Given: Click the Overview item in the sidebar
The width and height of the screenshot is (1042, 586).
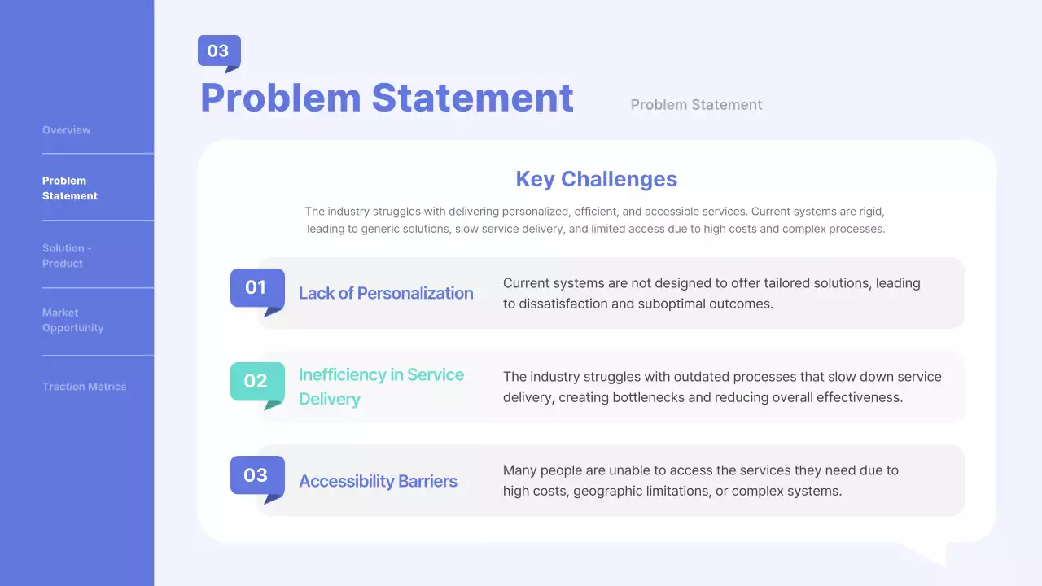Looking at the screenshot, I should [67, 130].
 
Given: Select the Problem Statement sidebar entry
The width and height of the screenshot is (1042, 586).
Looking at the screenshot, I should [70, 188].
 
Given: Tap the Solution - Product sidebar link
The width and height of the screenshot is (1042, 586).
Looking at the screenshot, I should [67, 256].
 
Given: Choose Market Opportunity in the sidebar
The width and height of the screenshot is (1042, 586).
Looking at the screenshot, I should [73, 320].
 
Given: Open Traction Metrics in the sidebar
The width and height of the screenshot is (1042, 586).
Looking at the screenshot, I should [85, 387].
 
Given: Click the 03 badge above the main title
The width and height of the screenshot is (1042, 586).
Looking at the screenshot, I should [218, 51].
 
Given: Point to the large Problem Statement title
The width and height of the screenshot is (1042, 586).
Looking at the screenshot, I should [387, 98].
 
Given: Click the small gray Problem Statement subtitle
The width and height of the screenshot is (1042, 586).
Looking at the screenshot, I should [696, 105].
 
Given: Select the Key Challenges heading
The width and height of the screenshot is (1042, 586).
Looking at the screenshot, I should [596, 179].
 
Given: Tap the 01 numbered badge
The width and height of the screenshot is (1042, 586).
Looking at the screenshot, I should [256, 287].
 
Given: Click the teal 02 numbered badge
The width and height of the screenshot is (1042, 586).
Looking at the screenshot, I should [256, 381].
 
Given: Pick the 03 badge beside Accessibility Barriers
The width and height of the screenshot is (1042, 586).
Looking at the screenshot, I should [256, 475].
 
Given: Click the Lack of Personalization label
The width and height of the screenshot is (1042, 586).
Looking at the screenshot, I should [386, 294].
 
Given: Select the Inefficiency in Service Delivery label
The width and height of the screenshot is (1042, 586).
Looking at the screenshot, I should [381, 387].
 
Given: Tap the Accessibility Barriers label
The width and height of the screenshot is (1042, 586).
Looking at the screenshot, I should [378, 482].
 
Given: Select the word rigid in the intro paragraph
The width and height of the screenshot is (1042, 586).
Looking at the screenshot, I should [869, 212].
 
